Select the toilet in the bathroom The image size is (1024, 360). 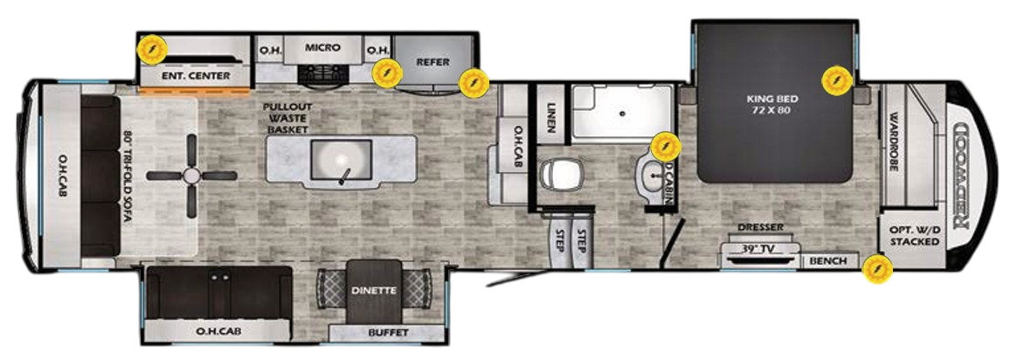pyautogui.click(x=556, y=176)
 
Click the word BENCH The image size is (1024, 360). pyautogui.click(x=827, y=260)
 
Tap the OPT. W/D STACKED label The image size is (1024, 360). pyautogui.click(x=915, y=235)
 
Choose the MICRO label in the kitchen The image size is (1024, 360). pyautogui.click(x=322, y=47)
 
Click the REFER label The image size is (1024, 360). pyautogui.click(x=432, y=61)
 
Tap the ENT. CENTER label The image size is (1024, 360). pyautogui.click(x=197, y=76)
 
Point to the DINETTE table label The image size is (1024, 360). pyautogui.click(x=374, y=290)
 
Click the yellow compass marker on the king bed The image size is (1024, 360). pyautogui.click(x=836, y=82)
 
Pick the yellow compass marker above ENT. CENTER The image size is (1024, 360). pyautogui.click(x=153, y=48)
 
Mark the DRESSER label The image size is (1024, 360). pyautogui.click(x=759, y=228)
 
